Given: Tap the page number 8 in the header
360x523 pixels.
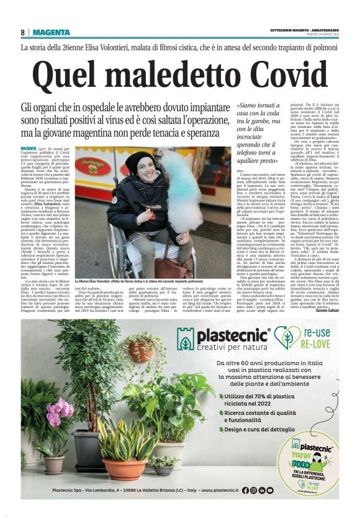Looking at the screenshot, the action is click(x=22, y=32).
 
